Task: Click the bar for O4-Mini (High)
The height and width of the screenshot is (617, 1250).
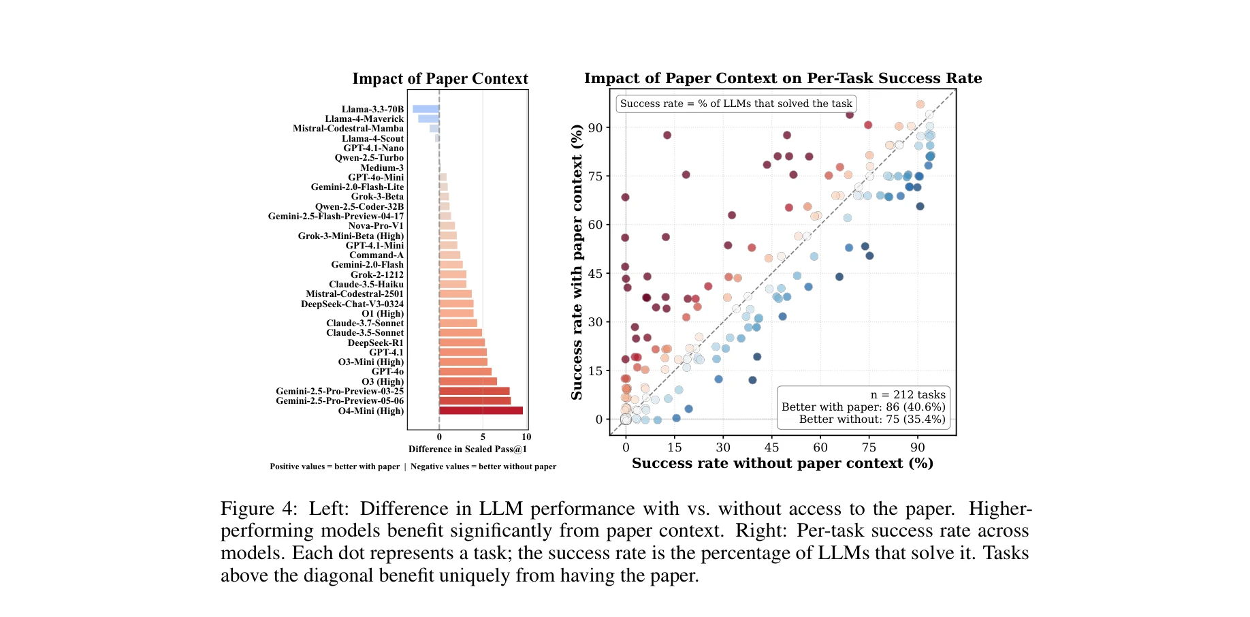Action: [481, 411]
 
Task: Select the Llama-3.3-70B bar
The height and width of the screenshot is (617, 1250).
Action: [426, 109]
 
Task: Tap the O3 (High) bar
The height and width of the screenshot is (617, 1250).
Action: [468, 381]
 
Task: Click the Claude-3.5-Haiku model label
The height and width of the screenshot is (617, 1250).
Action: [366, 285]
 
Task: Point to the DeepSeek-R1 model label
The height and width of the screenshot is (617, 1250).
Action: [375, 343]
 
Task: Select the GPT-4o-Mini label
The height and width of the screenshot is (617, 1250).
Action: [375, 178]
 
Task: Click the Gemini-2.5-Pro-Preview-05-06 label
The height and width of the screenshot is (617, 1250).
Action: [339, 401]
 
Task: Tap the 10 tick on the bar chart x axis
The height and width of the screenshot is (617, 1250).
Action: [526, 437]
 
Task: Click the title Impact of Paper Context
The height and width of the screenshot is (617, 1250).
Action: [440, 79]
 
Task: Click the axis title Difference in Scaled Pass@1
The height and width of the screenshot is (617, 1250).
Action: [467, 449]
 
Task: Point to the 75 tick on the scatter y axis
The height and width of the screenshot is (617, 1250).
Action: [595, 176]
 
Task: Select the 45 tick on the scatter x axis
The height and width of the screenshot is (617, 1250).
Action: [771, 447]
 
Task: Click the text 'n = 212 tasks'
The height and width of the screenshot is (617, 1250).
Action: [908, 395]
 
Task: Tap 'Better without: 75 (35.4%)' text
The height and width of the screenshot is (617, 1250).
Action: [871, 420]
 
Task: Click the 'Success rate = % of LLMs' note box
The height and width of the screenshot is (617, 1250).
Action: [735, 104]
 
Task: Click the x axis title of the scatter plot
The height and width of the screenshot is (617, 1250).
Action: [782, 464]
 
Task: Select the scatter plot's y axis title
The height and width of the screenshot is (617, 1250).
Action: [577, 262]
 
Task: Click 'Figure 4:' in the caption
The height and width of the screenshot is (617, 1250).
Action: [259, 509]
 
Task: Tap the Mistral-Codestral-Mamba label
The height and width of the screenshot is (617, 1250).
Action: [348, 129]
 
